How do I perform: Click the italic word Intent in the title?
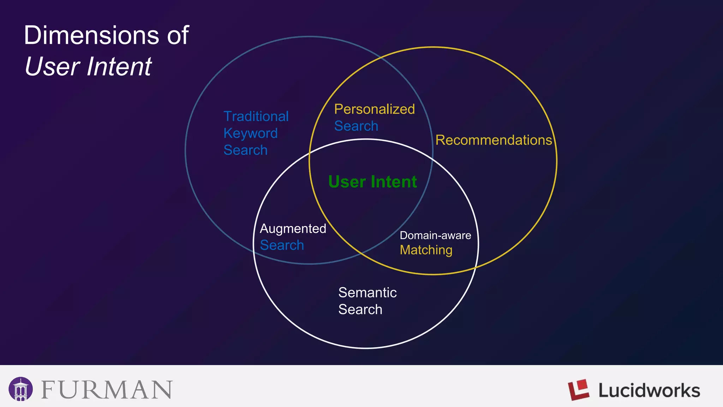[119, 66]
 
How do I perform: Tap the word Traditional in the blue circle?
[256, 116]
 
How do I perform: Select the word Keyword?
[250, 133]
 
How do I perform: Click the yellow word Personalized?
[374, 109]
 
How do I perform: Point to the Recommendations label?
[493, 140]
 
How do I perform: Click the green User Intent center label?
[372, 182]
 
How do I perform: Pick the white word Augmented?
[293, 229]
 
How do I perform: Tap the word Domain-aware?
[435, 235]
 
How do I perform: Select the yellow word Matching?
[426, 250]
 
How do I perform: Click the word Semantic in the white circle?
[367, 293]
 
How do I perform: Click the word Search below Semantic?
[360, 309]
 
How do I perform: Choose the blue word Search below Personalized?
[356, 126]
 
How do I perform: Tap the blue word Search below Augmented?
[282, 245]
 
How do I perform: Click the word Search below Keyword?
[245, 150]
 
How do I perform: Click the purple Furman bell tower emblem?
[21, 389]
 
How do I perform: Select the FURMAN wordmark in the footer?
[107, 390]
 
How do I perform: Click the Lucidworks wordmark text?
[649, 390]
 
